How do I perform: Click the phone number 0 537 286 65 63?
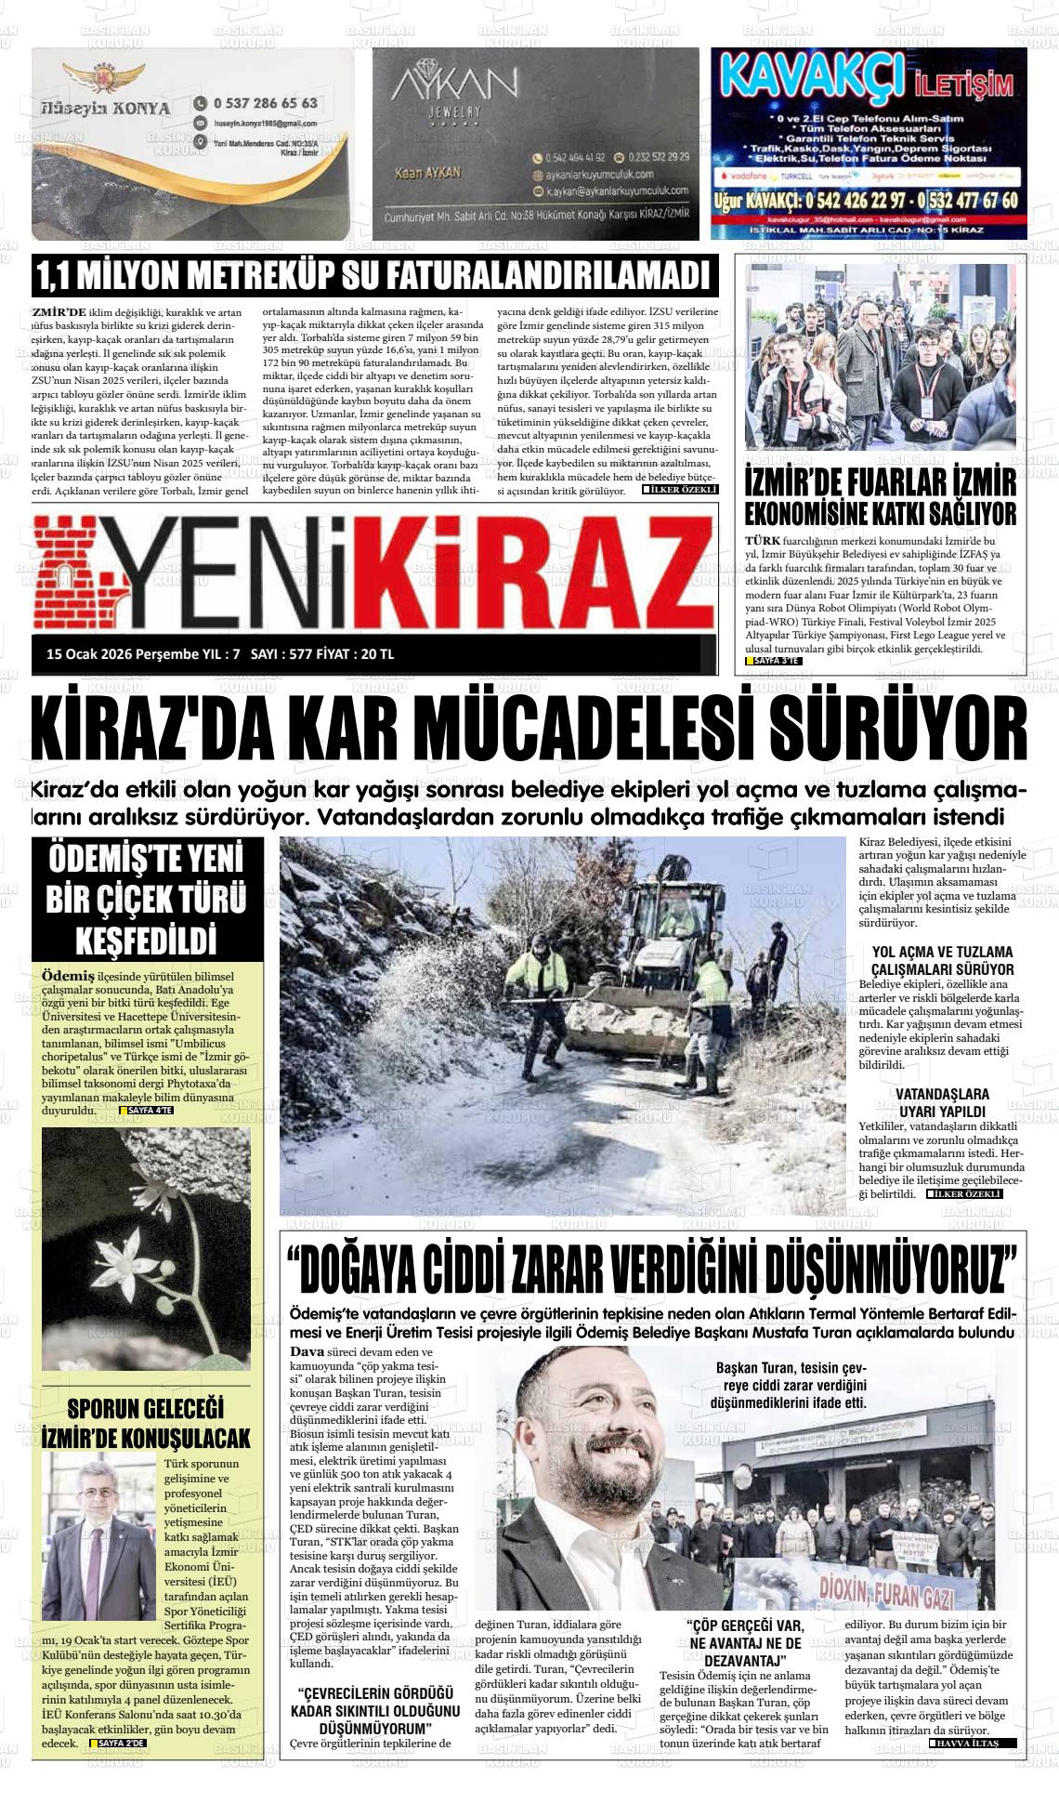(x=266, y=103)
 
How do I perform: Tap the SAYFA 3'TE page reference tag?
(x=774, y=661)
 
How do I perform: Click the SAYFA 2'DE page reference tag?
(x=119, y=1743)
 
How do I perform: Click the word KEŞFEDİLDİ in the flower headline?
(x=146, y=941)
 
